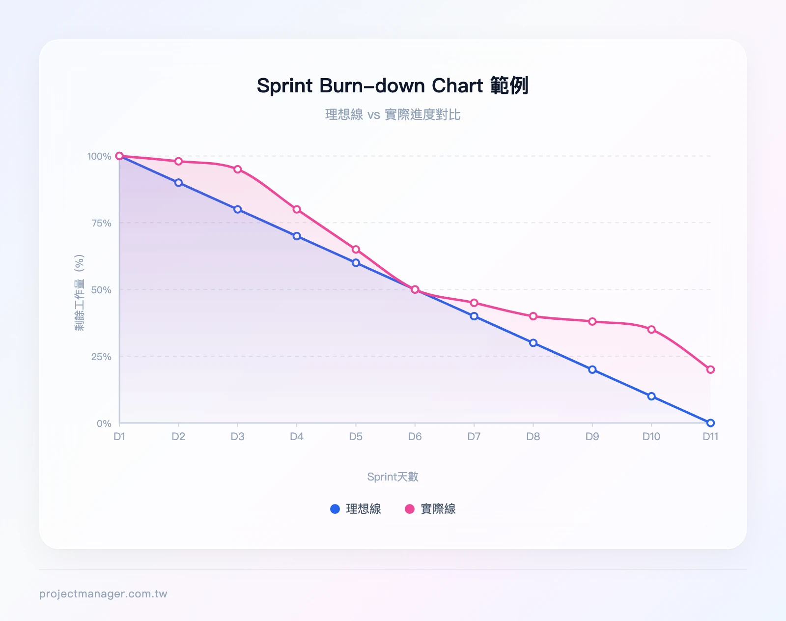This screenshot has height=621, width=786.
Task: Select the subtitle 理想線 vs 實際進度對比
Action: tap(393, 114)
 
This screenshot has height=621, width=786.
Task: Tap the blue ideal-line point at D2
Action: tap(178, 183)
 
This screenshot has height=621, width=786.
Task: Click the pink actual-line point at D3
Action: tap(238, 169)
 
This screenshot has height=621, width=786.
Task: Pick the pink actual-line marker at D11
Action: tap(710, 369)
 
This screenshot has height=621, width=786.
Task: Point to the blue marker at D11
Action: tap(710, 423)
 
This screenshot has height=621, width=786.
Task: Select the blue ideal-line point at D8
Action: tap(533, 343)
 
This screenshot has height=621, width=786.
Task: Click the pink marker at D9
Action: tap(592, 322)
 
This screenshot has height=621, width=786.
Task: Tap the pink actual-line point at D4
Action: tap(297, 209)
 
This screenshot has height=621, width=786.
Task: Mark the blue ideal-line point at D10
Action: tap(651, 396)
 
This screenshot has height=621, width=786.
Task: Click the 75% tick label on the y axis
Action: tap(101, 223)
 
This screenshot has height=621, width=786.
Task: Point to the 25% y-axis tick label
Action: tap(101, 357)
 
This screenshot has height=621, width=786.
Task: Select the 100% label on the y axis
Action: tap(99, 156)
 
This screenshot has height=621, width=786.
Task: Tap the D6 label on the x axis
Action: tap(415, 437)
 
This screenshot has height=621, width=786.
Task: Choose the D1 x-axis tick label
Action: tap(119, 437)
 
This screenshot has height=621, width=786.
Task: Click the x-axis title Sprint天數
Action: tap(393, 477)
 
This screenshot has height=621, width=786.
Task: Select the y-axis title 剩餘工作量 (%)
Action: tap(79, 292)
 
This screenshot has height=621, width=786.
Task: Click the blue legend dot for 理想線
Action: tap(335, 509)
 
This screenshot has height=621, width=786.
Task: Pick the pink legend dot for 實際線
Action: tap(410, 509)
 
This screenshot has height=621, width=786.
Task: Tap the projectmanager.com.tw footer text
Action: tap(103, 593)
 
